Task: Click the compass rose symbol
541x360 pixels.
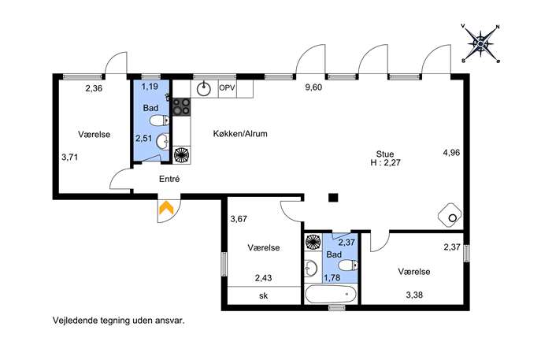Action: point(480,44)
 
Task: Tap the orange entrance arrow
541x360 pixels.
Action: point(166,207)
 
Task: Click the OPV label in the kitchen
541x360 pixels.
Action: point(227,87)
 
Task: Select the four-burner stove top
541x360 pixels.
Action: point(181,106)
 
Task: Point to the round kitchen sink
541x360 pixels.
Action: point(204,89)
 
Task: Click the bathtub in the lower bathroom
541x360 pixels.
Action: point(331,294)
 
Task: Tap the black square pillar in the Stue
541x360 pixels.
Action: point(333,198)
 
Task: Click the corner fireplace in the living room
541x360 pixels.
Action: point(450,216)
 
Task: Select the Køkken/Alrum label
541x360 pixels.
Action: point(240,134)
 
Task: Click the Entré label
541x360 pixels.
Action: point(169,179)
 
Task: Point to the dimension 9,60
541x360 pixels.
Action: point(313,87)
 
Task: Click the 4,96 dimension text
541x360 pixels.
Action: point(451,152)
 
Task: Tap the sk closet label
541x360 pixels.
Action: point(263,296)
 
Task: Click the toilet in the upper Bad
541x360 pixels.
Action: point(160,121)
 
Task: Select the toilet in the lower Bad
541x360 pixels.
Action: point(348,265)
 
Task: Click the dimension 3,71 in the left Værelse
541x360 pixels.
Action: point(70,158)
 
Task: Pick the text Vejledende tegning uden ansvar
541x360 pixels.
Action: point(119,321)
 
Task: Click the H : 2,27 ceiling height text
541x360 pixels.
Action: point(385,162)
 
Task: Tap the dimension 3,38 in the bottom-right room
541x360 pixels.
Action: point(414,295)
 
